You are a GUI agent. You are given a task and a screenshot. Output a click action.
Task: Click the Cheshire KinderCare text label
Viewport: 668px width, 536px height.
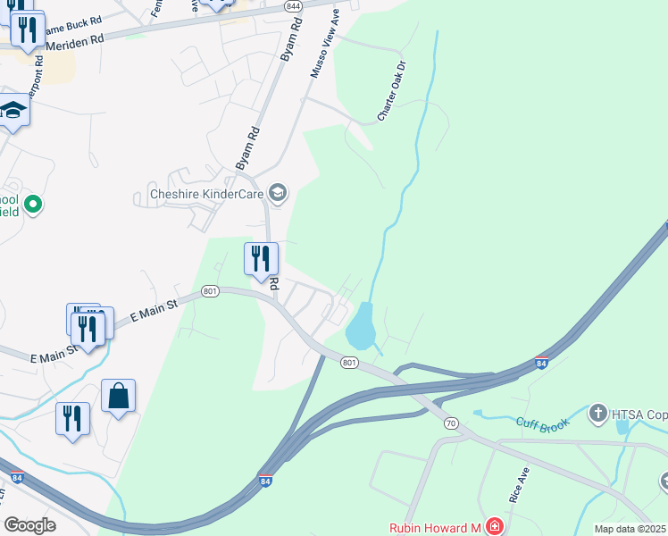click(205, 194)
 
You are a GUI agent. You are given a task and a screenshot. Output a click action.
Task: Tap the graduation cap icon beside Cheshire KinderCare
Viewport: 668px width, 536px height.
click(278, 193)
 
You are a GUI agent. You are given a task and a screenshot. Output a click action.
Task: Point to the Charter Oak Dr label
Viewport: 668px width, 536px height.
click(391, 92)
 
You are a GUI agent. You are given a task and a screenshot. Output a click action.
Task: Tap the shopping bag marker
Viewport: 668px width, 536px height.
click(118, 396)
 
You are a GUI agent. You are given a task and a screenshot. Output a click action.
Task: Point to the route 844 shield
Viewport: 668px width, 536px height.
click(294, 5)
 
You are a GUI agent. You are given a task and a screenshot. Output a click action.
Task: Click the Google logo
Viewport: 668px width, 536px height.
click(30, 524)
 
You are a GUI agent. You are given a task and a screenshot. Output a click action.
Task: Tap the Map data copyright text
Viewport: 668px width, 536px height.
click(630, 529)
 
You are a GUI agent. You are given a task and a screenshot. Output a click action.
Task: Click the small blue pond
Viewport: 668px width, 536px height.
click(360, 326)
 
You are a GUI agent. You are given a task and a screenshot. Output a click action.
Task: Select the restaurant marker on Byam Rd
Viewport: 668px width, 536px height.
click(261, 259)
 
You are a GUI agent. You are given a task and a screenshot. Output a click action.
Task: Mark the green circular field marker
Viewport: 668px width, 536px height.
click(34, 205)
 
